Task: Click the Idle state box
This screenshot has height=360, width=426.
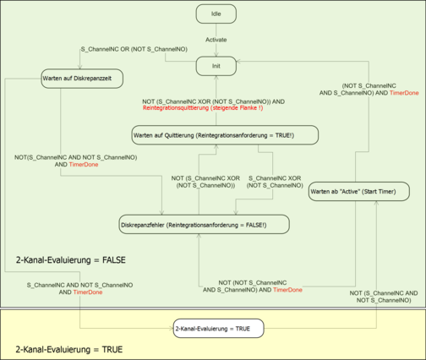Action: tap(216, 14)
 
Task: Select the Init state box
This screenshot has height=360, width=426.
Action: tap(216, 64)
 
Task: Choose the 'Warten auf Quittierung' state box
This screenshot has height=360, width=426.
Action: tap(224, 135)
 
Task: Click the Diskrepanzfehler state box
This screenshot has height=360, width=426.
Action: tap(204, 224)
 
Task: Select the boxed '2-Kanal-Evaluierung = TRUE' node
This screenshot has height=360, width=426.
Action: tap(217, 328)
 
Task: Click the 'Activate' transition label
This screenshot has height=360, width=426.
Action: tap(216, 40)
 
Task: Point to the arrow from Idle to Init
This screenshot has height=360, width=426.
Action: tap(216, 48)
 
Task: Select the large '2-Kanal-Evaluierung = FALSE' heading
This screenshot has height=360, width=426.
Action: tap(70, 259)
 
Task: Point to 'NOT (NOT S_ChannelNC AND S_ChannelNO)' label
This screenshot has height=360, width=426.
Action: tap(254, 285)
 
